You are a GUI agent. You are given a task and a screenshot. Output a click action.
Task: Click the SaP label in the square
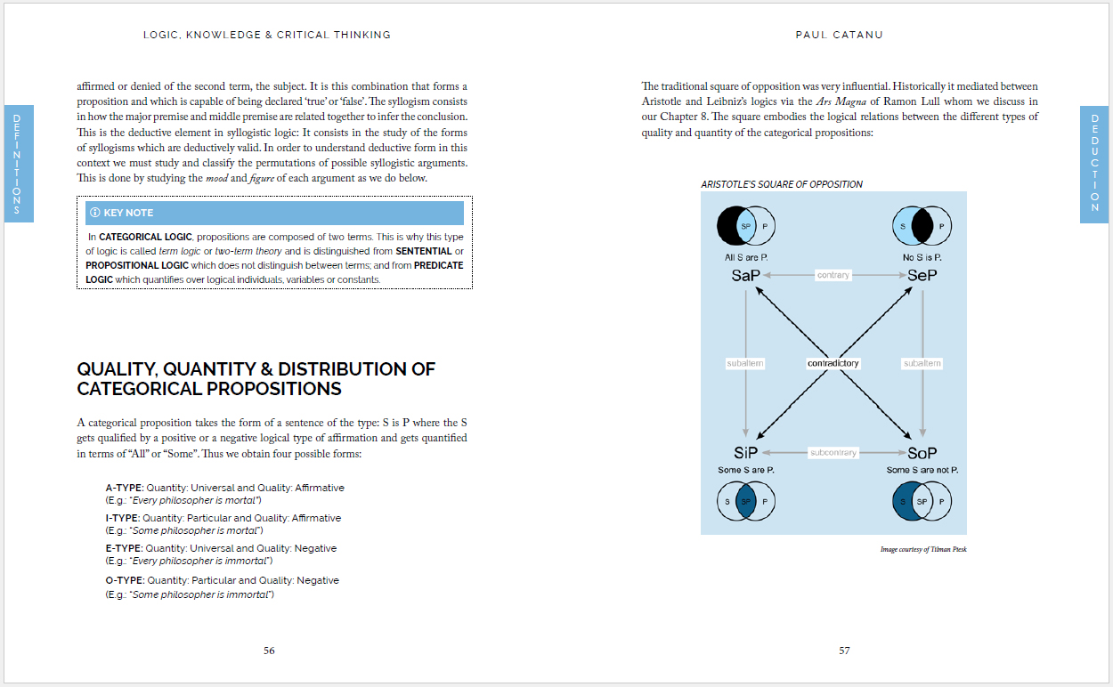(x=745, y=275)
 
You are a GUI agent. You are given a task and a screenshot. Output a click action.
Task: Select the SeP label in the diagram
(x=922, y=275)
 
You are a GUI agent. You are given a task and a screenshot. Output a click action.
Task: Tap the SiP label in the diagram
(x=746, y=452)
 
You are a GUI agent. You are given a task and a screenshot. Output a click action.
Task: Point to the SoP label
(x=922, y=452)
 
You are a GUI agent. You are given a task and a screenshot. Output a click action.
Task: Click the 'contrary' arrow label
(x=833, y=275)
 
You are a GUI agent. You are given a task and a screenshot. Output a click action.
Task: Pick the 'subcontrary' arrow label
(x=833, y=452)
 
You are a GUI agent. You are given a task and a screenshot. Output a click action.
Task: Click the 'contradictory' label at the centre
(x=833, y=363)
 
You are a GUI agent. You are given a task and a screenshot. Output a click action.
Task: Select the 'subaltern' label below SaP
(x=745, y=363)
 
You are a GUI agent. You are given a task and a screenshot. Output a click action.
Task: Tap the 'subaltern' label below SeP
(x=922, y=363)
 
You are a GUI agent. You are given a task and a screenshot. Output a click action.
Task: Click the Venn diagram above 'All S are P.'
(x=746, y=227)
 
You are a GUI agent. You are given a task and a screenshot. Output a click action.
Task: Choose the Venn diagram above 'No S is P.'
(x=922, y=227)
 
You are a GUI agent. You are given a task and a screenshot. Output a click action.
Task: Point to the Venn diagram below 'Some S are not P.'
(x=922, y=501)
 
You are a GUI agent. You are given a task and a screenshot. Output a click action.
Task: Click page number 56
(x=269, y=651)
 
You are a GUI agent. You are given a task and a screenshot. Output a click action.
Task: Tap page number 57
(x=844, y=651)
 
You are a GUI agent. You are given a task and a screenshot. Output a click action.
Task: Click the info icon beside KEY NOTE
(x=95, y=213)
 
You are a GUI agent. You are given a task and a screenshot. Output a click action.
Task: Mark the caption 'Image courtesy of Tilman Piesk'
(x=922, y=549)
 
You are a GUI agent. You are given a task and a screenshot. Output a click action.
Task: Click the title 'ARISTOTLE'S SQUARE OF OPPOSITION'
(x=782, y=184)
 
